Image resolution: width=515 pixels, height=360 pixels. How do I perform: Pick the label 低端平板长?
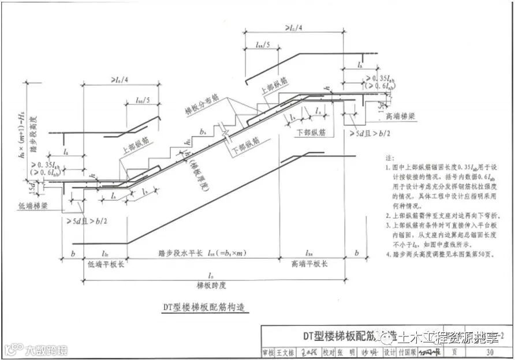tap(103, 263)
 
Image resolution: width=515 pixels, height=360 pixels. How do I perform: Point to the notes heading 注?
tap(386, 157)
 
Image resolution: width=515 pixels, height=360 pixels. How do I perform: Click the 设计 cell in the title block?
tap(390, 352)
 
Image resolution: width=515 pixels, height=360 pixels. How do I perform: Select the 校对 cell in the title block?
tap(331, 352)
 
